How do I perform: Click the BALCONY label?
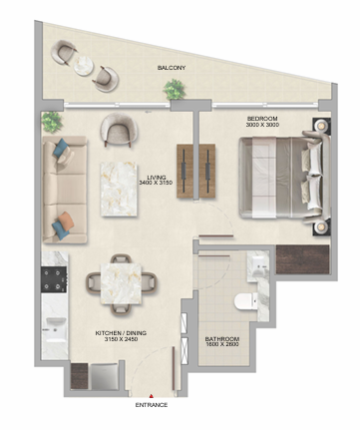(x=172, y=68)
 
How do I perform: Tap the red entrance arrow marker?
(x=151, y=396)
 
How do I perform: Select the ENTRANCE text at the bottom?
(x=152, y=405)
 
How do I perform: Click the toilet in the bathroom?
(x=245, y=301)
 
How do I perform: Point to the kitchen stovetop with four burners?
(x=54, y=279)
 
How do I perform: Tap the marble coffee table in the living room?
(x=119, y=189)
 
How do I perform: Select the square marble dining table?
(x=121, y=283)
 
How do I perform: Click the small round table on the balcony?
(x=84, y=66)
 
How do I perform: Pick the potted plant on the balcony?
(x=174, y=89)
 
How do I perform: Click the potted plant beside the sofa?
(x=52, y=122)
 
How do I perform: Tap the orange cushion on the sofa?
(x=66, y=220)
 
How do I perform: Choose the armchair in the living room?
(x=119, y=129)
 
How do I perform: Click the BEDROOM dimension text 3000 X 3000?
(x=262, y=125)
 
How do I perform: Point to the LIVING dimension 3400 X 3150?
(x=156, y=183)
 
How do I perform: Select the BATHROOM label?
(x=222, y=339)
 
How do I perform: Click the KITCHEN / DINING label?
(x=121, y=333)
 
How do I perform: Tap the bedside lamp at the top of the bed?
(x=321, y=126)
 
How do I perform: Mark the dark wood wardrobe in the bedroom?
(x=302, y=259)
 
